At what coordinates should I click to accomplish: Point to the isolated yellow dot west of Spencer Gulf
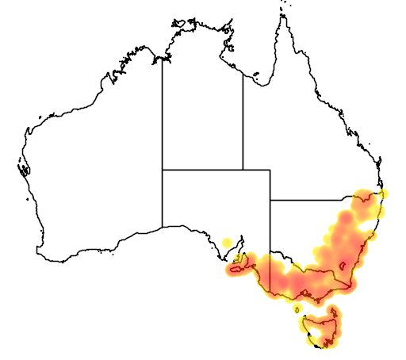(228, 242)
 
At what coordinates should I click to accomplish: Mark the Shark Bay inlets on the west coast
(24, 168)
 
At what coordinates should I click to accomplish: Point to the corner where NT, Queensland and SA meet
(243, 169)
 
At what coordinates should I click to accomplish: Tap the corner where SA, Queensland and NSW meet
(270, 200)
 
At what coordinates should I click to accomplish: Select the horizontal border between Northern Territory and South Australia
(202, 169)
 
